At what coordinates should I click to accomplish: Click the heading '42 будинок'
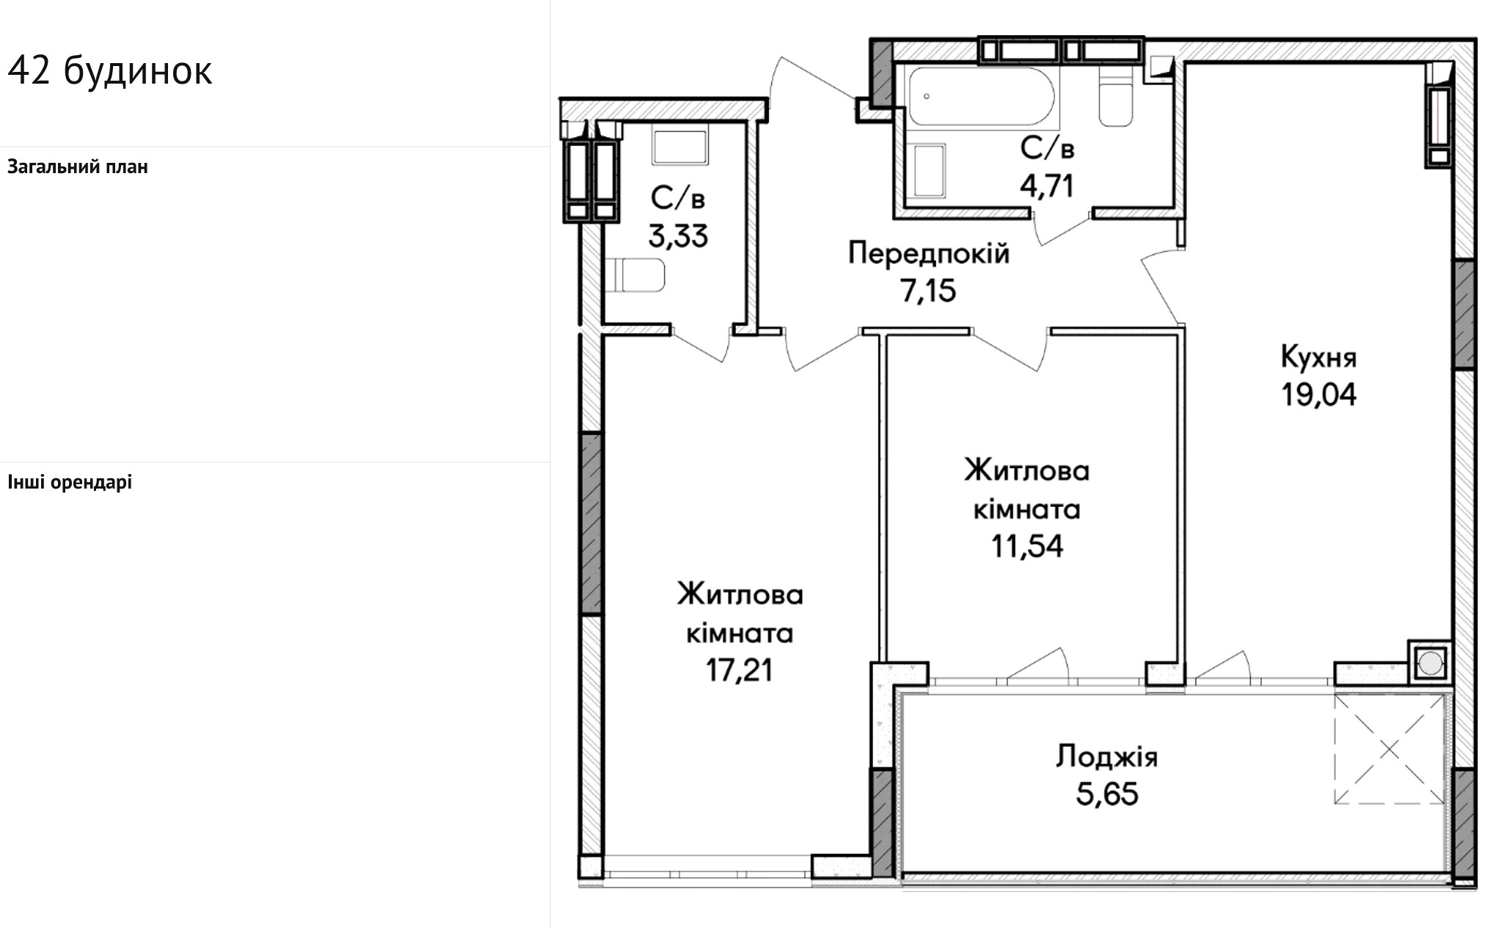[x=110, y=71]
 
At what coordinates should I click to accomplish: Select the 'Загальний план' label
[x=78, y=167]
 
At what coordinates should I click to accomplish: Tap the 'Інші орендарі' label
[x=70, y=482]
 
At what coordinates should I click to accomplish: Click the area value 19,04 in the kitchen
[x=1318, y=395]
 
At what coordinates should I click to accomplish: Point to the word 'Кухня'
[x=1318, y=357]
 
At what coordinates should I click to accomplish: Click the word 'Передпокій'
[x=929, y=253]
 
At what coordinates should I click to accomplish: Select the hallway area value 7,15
[x=928, y=291]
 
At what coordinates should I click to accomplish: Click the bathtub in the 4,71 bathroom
[x=981, y=97]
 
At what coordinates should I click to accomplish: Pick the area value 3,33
[x=677, y=236]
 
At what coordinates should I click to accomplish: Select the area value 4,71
[x=1047, y=186]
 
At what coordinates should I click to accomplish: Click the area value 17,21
[x=740, y=670]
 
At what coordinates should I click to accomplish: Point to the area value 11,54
[x=1027, y=546]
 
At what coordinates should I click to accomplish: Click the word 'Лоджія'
[x=1106, y=756]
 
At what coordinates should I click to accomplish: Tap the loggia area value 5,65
[x=1107, y=794]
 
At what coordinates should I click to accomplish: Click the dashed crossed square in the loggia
[x=1389, y=749]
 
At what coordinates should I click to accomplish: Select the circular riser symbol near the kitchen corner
[x=1429, y=664]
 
